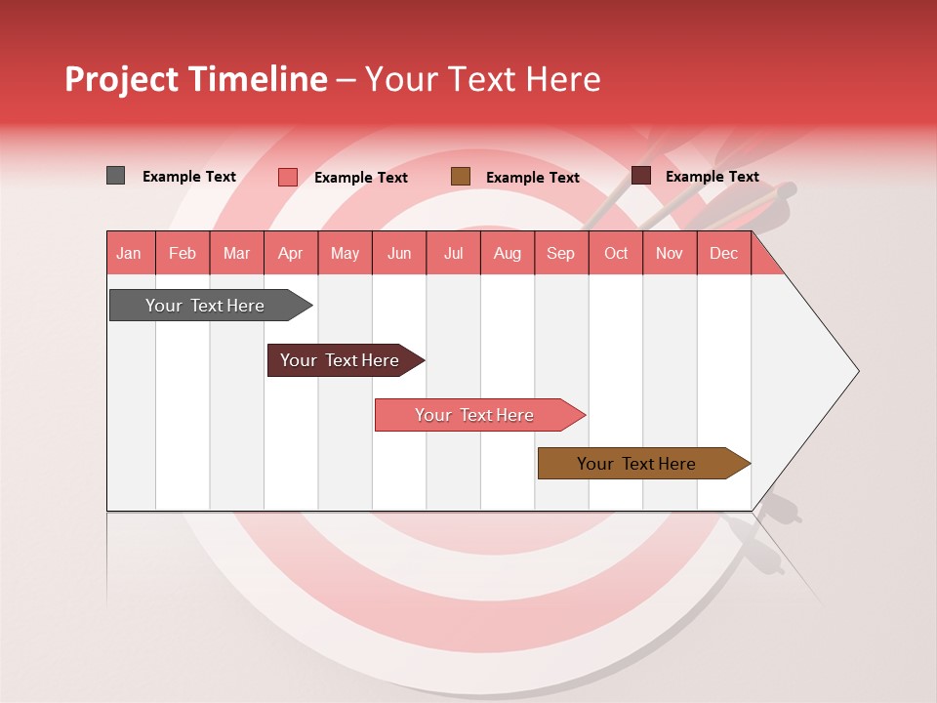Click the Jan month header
129,253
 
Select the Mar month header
236,253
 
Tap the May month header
345,253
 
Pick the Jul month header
453,253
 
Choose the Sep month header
560,253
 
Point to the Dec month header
723,253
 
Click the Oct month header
616,253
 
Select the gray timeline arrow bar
206,306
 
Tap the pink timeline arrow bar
475,415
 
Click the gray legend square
116,176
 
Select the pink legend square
288,177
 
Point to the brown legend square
461,177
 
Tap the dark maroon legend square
641,176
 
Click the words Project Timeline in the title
196,79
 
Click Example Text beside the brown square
533,178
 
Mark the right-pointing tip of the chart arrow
856,371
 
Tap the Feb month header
183,253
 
